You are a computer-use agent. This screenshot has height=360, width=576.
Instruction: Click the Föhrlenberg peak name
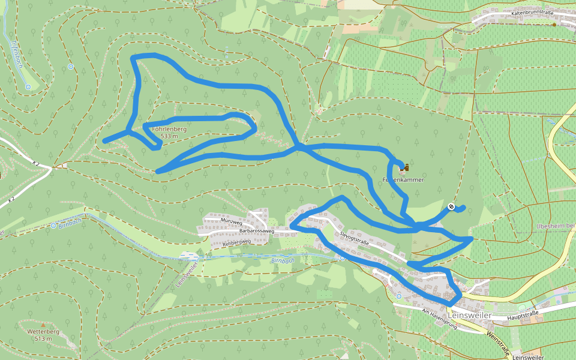click(169, 129)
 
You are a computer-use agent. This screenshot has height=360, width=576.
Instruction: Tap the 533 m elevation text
click(170, 136)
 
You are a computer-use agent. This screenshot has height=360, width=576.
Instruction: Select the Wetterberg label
click(43, 332)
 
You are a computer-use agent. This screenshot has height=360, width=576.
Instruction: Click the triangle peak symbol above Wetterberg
click(43, 325)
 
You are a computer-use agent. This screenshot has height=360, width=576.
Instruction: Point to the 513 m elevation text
click(43, 339)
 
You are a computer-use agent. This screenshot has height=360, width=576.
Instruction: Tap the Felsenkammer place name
click(403, 179)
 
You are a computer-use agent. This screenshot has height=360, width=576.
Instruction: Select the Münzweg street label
click(230, 221)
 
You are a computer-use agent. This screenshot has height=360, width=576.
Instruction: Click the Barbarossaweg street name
click(257, 230)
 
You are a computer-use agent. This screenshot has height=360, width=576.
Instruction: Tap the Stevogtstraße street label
click(353, 238)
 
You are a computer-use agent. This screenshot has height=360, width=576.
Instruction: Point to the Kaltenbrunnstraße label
click(532, 11)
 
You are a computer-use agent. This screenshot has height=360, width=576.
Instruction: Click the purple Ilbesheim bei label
click(554, 226)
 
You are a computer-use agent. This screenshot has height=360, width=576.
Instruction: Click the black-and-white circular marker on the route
click(451, 206)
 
